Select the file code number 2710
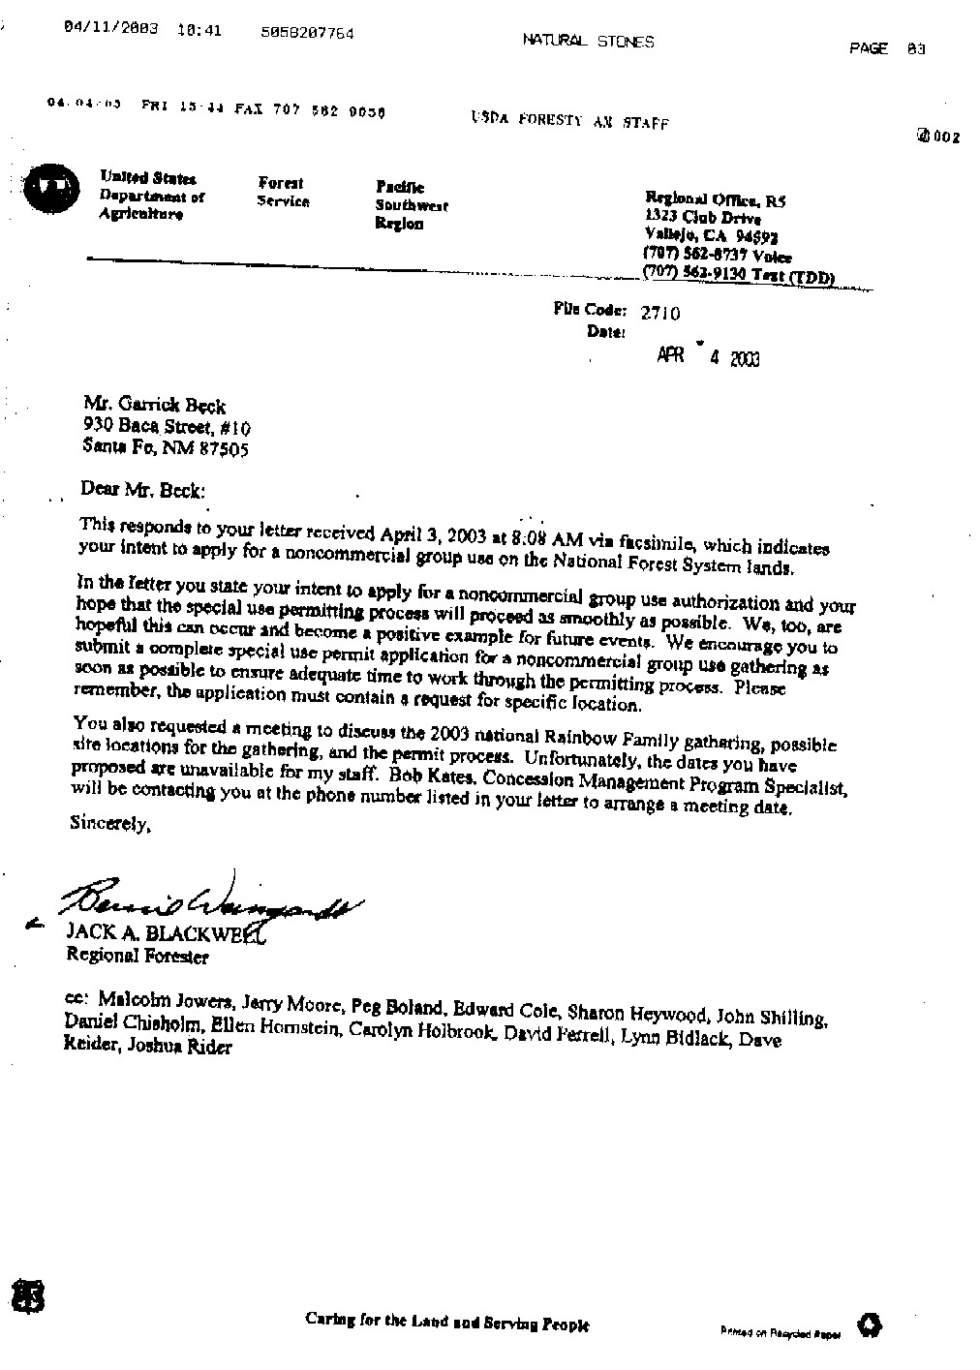click(x=659, y=313)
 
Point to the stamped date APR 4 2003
click(x=708, y=357)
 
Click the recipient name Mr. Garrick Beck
click(x=154, y=407)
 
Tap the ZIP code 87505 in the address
click(x=224, y=449)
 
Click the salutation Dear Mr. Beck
click(x=143, y=490)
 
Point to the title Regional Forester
click(x=137, y=957)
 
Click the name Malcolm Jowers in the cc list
click(x=164, y=1002)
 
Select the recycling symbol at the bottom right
click(x=869, y=1325)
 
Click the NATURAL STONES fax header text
click(x=588, y=41)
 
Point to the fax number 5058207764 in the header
click(x=307, y=33)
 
